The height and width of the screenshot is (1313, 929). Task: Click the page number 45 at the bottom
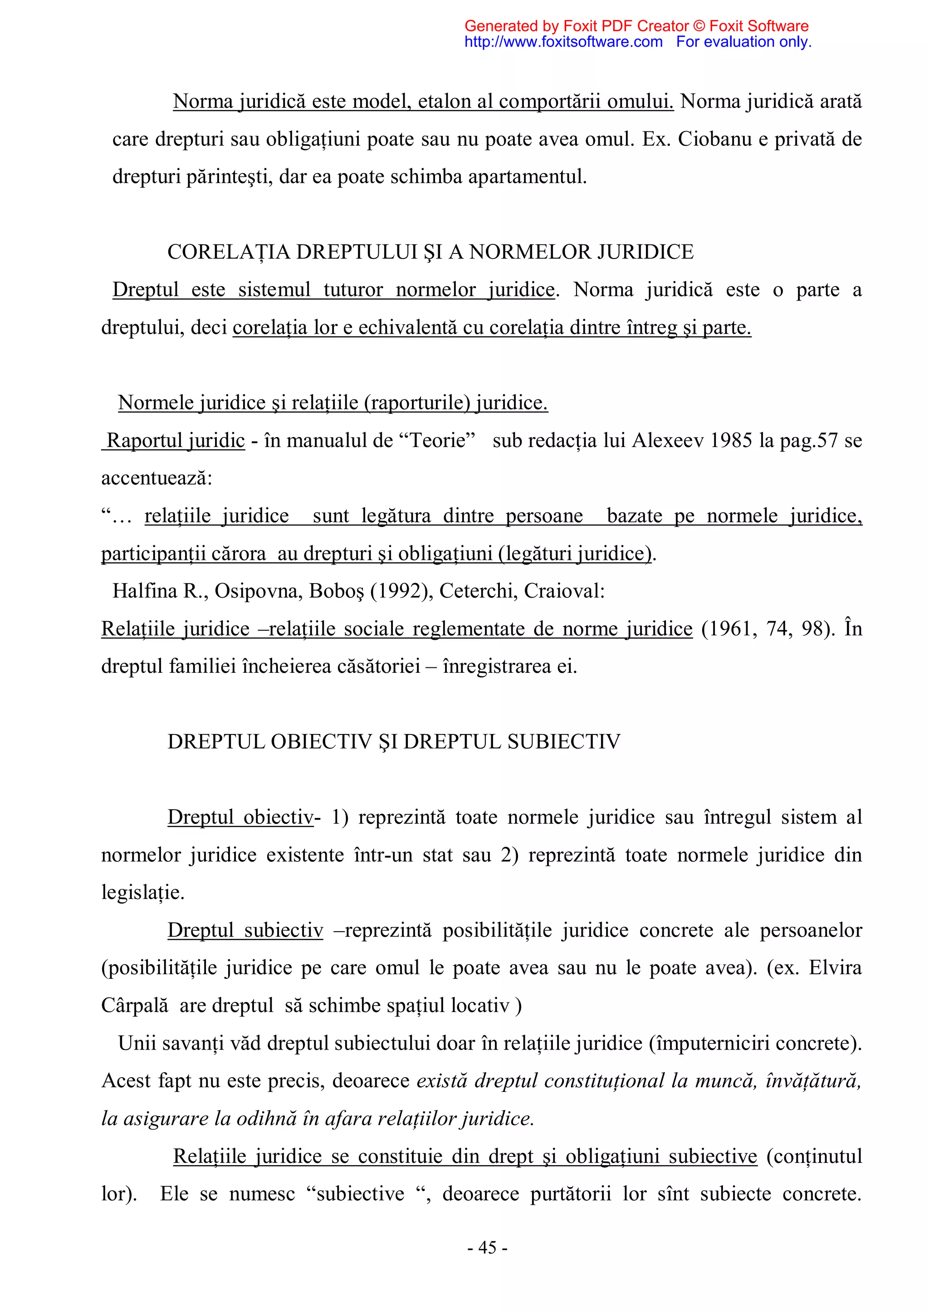coord(487,1247)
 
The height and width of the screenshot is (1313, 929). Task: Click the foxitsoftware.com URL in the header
coord(563,42)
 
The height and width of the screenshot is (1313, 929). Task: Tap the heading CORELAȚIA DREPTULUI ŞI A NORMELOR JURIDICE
coord(430,252)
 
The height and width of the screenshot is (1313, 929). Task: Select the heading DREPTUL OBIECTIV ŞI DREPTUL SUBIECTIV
coord(394,742)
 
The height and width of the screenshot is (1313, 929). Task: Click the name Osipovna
coord(258,591)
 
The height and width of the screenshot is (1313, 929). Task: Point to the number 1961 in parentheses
coord(727,628)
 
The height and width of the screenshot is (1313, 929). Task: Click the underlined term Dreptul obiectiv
coord(240,817)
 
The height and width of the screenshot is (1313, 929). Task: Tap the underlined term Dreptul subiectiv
coord(245,930)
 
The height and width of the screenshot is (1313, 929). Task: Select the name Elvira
coord(835,968)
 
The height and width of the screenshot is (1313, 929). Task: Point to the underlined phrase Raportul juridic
coord(176,440)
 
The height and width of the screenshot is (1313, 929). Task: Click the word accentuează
coord(156,478)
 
